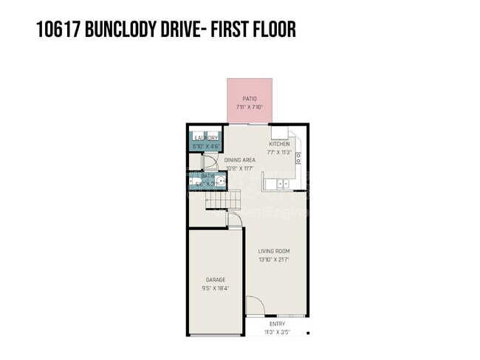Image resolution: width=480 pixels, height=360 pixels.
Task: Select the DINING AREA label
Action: (240, 159)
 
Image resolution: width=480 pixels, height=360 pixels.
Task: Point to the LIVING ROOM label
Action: (273, 252)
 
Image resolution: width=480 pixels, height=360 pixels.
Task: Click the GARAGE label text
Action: (215, 280)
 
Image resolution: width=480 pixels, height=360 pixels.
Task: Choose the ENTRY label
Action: (277, 324)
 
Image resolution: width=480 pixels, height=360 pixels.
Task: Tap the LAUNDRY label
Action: (205, 138)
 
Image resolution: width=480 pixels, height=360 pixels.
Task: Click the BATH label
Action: (207, 176)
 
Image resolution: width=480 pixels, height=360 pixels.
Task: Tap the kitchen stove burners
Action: (298, 157)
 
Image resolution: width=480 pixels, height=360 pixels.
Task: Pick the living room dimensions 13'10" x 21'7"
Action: (273, 260)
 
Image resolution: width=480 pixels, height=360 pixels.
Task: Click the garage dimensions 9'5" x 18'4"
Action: (215, 288)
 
